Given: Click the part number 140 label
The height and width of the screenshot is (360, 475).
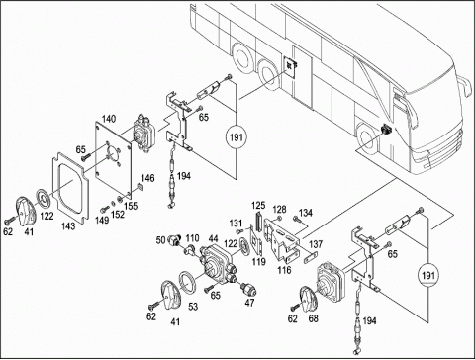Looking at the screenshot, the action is pyautogui.click(x=109, y=119).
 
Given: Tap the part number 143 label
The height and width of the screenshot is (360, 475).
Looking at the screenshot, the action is pyautogui.click(x=68, y=225).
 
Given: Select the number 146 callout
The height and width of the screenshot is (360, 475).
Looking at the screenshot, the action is pyautogui.click(x=147, y=178).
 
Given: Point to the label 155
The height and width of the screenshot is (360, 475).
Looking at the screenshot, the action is pyautogui.click(x=131, y=206).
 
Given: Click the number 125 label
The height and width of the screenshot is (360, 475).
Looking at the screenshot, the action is pyautogui.click(x=258, y=206).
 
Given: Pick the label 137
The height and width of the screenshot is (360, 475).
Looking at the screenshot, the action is pyautogui.click(x=316, y=244).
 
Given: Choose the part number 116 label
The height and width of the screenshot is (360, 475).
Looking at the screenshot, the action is pyautogui.click(x=284, y=270).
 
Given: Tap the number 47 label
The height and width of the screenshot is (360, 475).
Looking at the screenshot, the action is pyautogui.click(x=249, y=302).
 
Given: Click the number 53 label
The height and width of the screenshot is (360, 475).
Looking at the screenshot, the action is pyautogui.click(x=193, y=307).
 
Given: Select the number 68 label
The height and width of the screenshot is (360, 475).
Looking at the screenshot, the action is pyautogui.click(x=313, y=318).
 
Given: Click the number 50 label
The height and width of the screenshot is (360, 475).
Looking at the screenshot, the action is pyautogui.click(x=160, y=240).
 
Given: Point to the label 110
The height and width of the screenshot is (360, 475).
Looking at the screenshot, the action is pyautogui.click(x=192, y=238).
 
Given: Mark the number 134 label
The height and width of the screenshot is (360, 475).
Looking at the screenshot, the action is pyautogui.click(x=306, y=213).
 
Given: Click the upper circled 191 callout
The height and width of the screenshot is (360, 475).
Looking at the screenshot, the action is pyautogui.click(x=237, y=136).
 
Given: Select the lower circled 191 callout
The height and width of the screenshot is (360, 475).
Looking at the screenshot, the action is pyautogui.click(x=428, y=275).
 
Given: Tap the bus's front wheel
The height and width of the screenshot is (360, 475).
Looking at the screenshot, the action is pyautogui.click(x=367, y=139).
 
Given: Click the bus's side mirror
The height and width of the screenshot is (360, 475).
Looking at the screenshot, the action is pyautogui.click(x=464, y=86).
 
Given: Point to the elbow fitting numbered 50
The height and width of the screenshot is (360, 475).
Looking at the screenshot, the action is pyautogui.click(x=174, y=240).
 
